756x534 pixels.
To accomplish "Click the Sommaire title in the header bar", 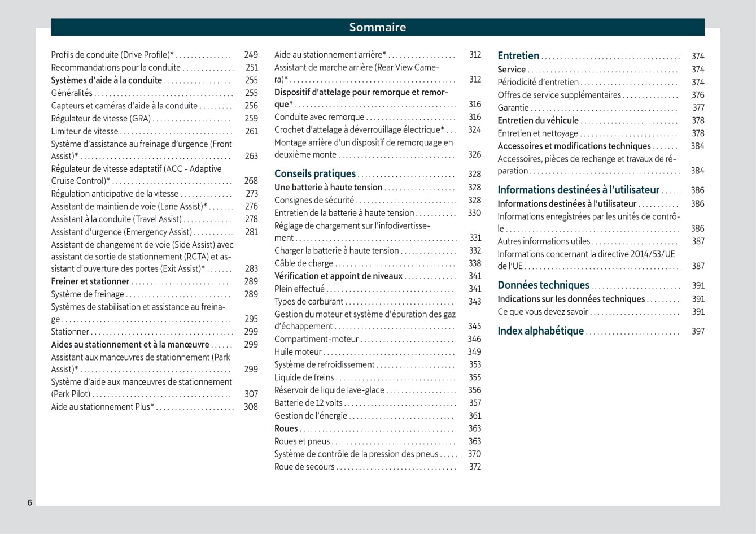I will pyautogui.click(x=377, y=27).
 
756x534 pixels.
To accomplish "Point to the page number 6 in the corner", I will pyautogui.click(x=30, y=502).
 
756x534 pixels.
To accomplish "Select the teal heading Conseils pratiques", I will pyautogui.click(x=315, y=174).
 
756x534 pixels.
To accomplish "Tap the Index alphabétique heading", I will pyautogui.click(x=540, y=331).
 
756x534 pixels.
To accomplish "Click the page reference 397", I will pyautogui.click(x=698, y=331).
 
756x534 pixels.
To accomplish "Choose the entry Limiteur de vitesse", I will pyautogui.click(x=85, y=131).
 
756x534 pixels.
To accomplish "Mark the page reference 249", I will pyautogui.click(x=251, y=55).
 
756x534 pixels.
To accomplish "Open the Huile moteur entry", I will pyautogui.click(x=298, y=351).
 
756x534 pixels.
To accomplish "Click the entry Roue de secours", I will pyautogui.click(x=304, y=467).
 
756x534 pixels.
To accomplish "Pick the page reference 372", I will pyautogui.click(x=475, y=467).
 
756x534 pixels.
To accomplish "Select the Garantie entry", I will pyautogui.click(x=513, y=108).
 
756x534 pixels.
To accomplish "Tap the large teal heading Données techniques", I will pyautogui.click(x=543, y=285).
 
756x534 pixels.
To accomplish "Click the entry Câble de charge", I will pyautogui.click(x=304, y=263).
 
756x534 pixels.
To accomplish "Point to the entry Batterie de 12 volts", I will pyautogui.click(x=308, y=403).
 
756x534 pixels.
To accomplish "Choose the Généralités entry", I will pyautogui.click(x=72, y=93).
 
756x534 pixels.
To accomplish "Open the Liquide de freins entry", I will pyautogui.click(x=304, y=377).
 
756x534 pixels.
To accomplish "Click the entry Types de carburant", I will pyautogui.click(x=309, y=302).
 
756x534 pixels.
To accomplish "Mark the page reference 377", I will pyautogui.click(x=698, y=108).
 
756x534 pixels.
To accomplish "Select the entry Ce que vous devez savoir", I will pyautogui.click(x=543, y=312).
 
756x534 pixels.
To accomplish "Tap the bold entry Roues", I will pyautogui.click(x=286, y=428).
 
